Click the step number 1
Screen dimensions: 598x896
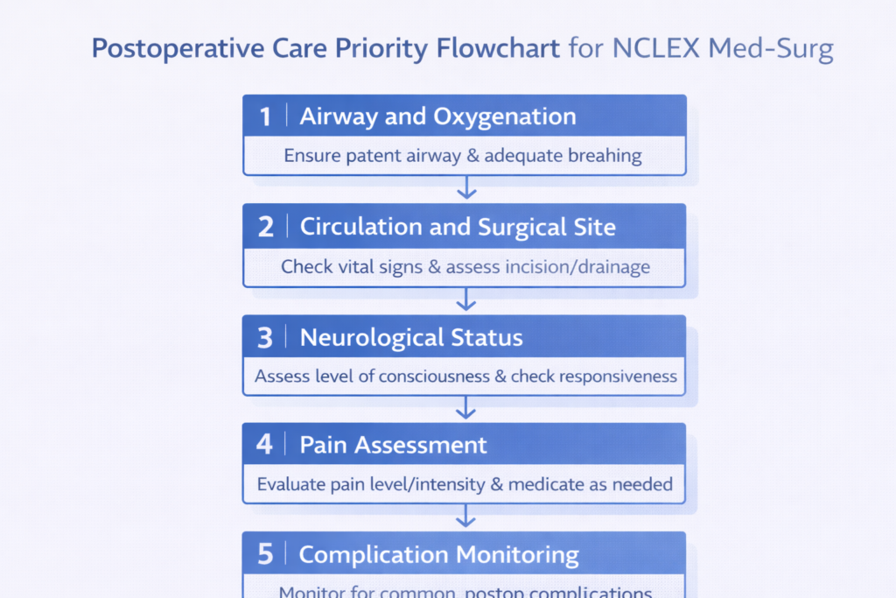pyautogui.click(x=265, y=117)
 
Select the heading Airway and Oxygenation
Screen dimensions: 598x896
pyautogui.click(x=437, y=116)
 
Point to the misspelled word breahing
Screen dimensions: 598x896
pyautogui.click(x=605, y=157)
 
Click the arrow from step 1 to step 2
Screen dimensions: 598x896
pyautogui.click(x=466, y=187)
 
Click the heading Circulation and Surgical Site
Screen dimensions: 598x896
pyautogui.click(x=458, y=227)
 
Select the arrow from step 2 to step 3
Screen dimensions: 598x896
pyautogui.click(x=466, y=299)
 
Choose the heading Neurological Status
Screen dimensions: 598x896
pyautogui.click(x=411, y=337)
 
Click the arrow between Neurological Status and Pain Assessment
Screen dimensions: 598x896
pyautogui.click(x=466, y=407)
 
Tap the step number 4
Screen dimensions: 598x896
pyautogui.click(x=265, y=445)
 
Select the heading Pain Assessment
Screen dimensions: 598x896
pyautogui.click(x=393, y=445)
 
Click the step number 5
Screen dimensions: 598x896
pyautogui.click(x=265, y=555)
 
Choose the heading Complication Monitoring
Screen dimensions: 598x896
pyautogui.click(x=438, y=555)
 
